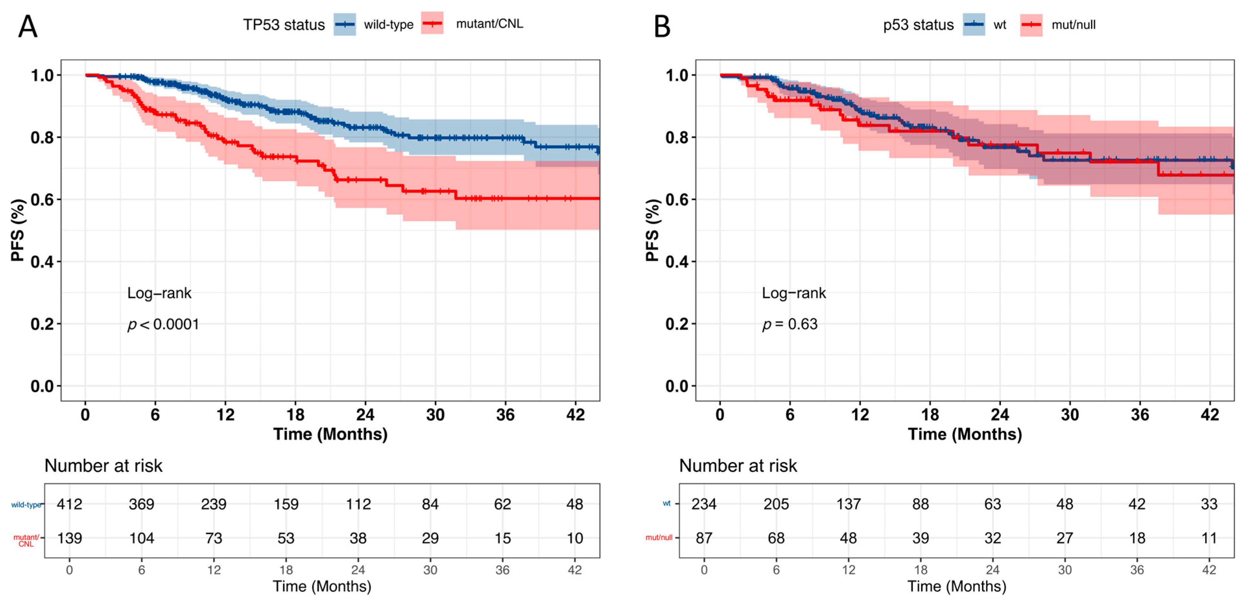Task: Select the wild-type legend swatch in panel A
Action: [345, 24]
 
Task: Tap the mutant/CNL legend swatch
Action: [432, 23]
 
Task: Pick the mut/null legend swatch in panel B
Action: [1031, 25]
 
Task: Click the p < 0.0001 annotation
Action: [163, 324]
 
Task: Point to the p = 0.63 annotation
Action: [790, 324]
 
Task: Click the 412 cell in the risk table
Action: [69, 504]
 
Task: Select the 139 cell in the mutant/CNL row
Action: [69, 538]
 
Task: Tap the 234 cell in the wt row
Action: [704, 504]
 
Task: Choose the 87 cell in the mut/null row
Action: [704, 538]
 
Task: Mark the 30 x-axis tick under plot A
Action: [435, 415]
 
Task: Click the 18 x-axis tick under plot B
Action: [930, 415]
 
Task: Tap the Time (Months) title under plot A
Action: [330, 434]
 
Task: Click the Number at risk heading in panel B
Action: [738, 466]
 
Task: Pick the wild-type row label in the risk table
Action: [26, 505]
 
